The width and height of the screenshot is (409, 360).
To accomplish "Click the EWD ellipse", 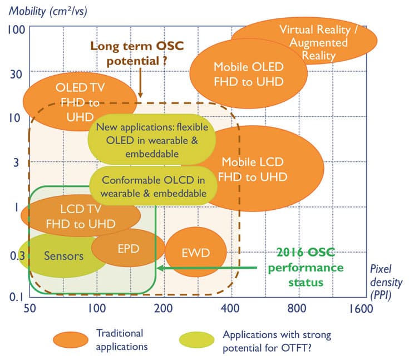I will [x=196, y=253].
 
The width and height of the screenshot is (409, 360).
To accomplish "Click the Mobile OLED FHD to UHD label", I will [x=249, y=73].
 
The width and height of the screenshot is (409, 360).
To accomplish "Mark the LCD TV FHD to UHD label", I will [x=80, y=217].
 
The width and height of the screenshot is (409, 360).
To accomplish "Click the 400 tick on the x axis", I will [x=229, y=309].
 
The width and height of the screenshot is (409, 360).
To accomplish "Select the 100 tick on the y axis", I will [x=14, y=29].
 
